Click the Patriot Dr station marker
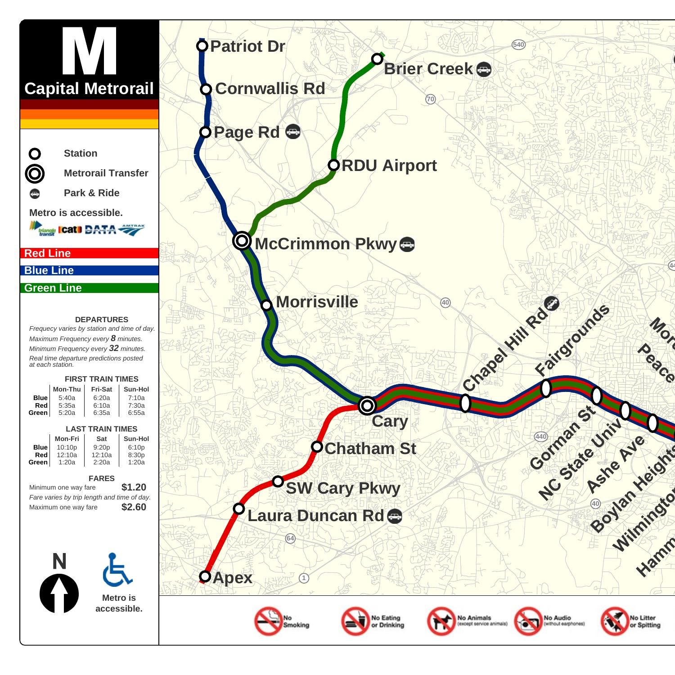pos(202,45)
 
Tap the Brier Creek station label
pos(428,69)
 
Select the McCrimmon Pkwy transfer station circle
pos(242,241)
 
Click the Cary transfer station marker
pos(367,406)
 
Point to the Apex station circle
pos(205,576)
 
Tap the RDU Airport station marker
pos(333,165)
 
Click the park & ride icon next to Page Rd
pos(293,131)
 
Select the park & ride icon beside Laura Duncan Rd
pos(395,516)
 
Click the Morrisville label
pos(317,302)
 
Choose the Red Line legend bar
pos(89,253)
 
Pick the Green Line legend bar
pos(89,288)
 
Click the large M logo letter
pos(89,51)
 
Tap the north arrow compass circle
pos(59,593)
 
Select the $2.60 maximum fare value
pos(134,507)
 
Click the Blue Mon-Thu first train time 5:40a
pos(67,398)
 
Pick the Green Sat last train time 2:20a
pos(101,462)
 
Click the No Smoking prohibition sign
pos(268,621)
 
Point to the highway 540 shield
pos(518,45)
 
